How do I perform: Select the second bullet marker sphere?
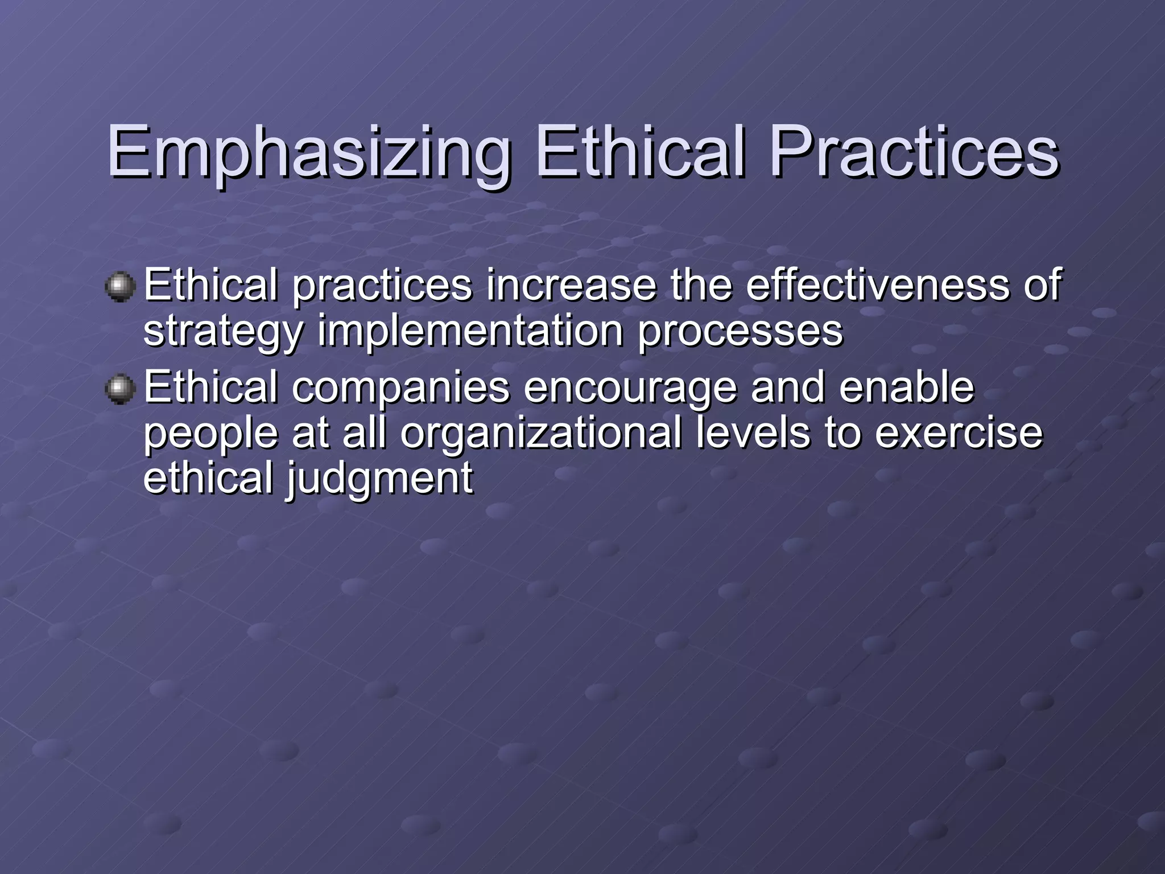tap(120, 389)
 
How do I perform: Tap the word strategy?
tap(222, 332)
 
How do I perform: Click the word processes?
tap(740, 332)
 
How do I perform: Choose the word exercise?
tap(959, 432)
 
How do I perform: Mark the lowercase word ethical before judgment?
tap(208, 478)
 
